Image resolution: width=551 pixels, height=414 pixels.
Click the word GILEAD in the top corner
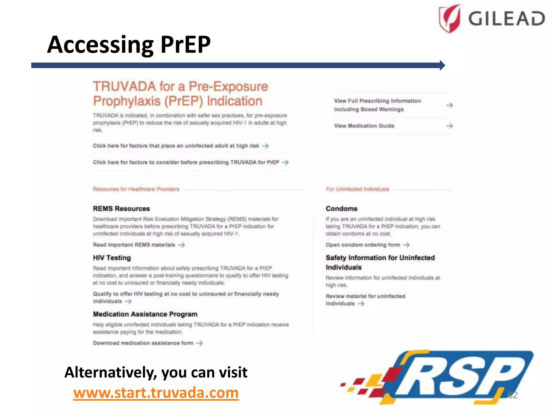pyautogui.click(x=506, y=19)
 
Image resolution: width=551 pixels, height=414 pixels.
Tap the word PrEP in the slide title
pyautogui.click(x=185, y=44)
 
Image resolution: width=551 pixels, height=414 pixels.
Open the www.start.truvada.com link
pyautogui.click(x=156, y=393)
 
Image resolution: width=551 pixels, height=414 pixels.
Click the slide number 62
pyautogui.click(x=512, y=395)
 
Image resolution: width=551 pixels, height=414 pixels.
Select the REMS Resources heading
pyautogui.click(x=121, y=209)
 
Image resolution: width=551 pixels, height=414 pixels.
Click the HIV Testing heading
pyautogui.click(x=112, y=258)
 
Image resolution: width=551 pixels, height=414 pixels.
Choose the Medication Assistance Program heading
pyautogui.click(x=145, y=314)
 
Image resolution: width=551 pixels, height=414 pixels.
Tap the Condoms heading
pyautogui.click(x=341, y=209)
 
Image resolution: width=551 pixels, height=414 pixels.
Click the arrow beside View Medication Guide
pyautogui.click(x=449, y=126)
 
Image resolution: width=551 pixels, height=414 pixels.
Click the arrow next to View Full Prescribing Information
pyautogui.click(x=449, y=105)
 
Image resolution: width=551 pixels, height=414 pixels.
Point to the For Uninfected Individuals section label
pyautogui.click(x=358, y=189)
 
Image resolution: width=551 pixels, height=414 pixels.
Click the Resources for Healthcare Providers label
pyautogui.click(x=136, y=189)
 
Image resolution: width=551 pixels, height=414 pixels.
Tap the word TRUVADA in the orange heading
pyautogui.click(x=124, y=87)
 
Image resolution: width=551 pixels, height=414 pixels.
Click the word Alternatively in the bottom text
pyautogui.click(x=110, y=373)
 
